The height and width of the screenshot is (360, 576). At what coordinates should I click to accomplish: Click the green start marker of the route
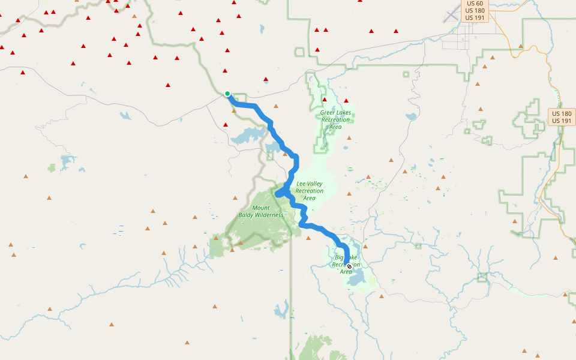click(227, 94)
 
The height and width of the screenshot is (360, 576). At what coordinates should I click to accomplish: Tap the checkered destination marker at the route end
click(349, 266)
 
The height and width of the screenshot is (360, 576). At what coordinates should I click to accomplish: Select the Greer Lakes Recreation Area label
click(335, 119)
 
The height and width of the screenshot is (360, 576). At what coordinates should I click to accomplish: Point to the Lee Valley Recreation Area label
click(309, 191)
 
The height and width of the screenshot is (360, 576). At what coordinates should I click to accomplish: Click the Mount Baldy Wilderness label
click(261, 211)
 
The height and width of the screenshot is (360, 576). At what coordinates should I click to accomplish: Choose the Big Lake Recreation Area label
click(346, 265)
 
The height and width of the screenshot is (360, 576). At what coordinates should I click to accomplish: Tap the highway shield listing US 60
click(474, 11)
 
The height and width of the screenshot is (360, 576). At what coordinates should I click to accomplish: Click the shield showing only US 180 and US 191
click(562, 117)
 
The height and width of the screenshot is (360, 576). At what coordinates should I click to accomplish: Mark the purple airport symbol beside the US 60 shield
click(451, 16)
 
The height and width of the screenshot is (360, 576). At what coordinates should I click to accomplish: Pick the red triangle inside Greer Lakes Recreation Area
click(325, 100)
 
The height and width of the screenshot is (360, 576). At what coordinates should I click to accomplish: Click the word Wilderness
click(269, 215)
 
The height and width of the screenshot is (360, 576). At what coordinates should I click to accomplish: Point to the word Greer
click(328, 112)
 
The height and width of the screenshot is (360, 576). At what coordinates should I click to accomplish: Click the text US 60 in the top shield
click(474, 4)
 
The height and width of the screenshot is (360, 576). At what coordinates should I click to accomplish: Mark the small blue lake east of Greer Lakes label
click(411, 117)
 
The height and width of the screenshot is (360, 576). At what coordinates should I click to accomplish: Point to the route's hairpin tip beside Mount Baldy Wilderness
click(277, 194)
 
